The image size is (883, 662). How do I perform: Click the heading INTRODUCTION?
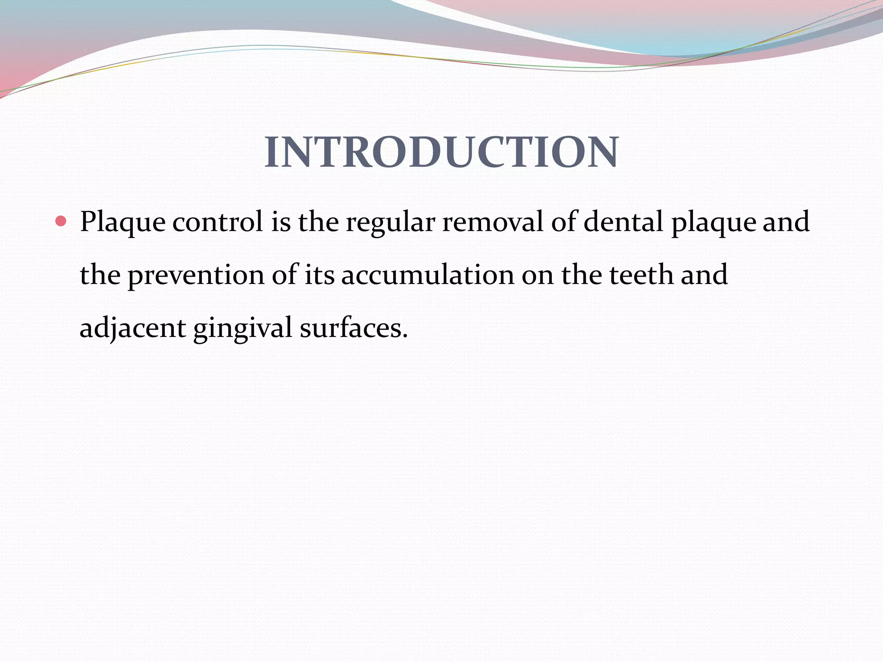(x=441, y=152)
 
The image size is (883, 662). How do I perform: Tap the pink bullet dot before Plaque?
(x=61, y=222)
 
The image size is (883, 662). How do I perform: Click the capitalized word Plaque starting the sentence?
(x=123, y=223)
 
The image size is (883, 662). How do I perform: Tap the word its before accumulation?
(x=319, y=275)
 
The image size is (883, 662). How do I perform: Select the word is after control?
(x=281, y=222)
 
